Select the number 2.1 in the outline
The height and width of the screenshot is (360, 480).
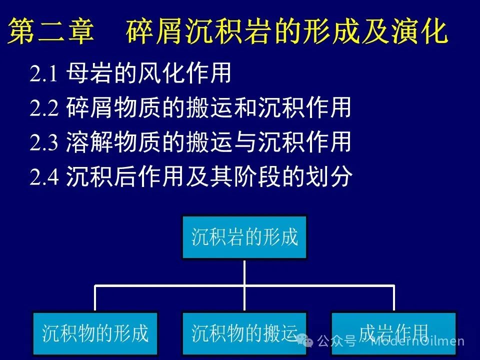click(43, 74)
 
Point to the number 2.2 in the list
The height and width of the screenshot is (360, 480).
click(44, 108)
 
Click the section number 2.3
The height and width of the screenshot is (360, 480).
click(44, 142)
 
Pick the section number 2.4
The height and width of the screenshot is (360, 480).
click(44, 176)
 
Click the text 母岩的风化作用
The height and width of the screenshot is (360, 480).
click(149, 73)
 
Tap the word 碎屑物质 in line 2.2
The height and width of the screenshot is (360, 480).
click(113, 107)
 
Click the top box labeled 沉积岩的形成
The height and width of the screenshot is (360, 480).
click(244, 237)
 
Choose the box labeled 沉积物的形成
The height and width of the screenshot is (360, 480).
click(95, 333)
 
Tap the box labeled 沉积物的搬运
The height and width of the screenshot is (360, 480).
click(244, 333)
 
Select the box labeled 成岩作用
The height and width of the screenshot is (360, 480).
click(393, 333)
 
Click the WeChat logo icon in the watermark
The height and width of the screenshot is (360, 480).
click(305, 340)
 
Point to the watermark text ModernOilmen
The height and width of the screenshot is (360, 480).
click(417, 340)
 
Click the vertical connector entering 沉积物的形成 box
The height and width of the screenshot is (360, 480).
click(95, 298)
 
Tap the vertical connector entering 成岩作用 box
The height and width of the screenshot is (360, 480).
click(393, 298)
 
